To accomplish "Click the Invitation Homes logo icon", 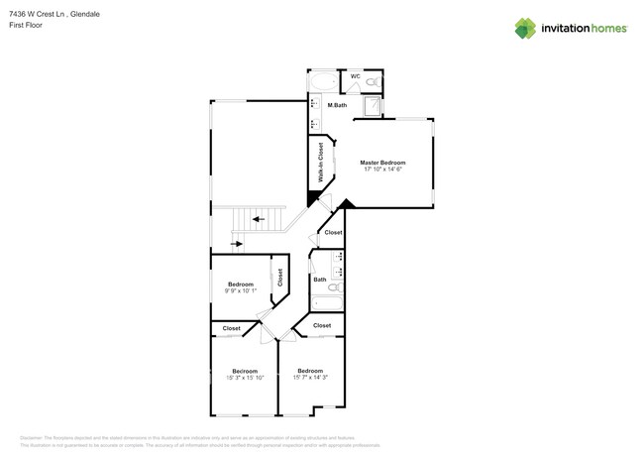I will click(x=525, y=28).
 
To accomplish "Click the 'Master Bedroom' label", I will click(x=382, y=163).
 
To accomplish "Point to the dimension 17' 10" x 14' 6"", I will click(x=382, y=170).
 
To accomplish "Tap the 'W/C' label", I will click(x=355, y=76).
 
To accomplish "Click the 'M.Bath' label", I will click(x=337, y=105).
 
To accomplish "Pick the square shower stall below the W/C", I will click(x=373, y=106).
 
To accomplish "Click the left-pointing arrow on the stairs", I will click(x=258, y=219).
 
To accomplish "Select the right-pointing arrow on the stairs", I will click(x=238, y=242).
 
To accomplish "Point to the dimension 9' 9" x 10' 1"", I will click(x=241, y=290).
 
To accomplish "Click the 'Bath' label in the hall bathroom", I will click(x=320, y=280).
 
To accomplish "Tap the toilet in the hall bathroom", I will click(x=334, y=288).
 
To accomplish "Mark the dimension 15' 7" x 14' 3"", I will click(x=309, y=378).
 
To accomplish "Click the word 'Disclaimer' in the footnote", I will click(x=36, y=437).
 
